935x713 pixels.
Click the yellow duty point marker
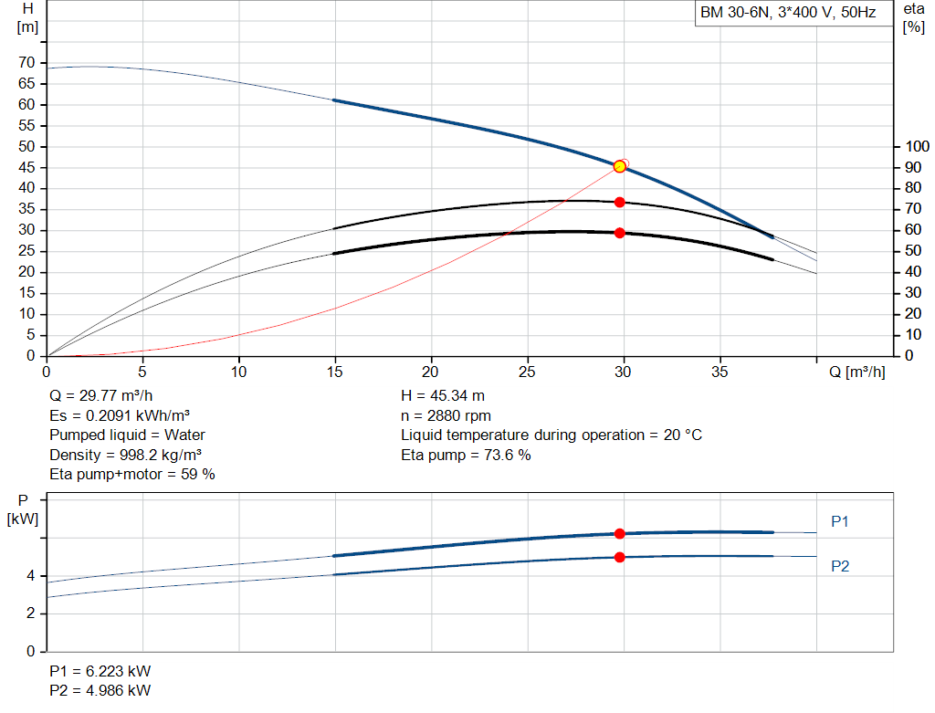(620, 166)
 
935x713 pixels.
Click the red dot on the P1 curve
(620, 533)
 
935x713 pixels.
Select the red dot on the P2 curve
(620, 557)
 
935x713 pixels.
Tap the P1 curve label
(840, 521)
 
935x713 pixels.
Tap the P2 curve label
(840, 566)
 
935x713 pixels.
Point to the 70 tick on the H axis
(26, 62)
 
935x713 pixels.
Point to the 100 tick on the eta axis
(917, 146)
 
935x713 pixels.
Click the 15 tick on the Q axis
(335, 372)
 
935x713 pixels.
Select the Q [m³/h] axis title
(856, 372)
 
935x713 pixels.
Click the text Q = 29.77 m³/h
(100, 395)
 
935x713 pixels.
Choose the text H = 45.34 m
(443, 395)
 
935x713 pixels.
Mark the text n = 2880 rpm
(446, 415)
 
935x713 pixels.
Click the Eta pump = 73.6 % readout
(466, 455)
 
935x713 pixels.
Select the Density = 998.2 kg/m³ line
(125, 455)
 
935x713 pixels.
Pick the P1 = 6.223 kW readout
(100, 671)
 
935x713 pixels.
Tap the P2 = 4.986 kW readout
(100, 690)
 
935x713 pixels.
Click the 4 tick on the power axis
(31, 576)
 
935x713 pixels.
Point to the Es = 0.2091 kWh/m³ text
(120, 415)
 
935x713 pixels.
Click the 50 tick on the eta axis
(913, 251)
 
